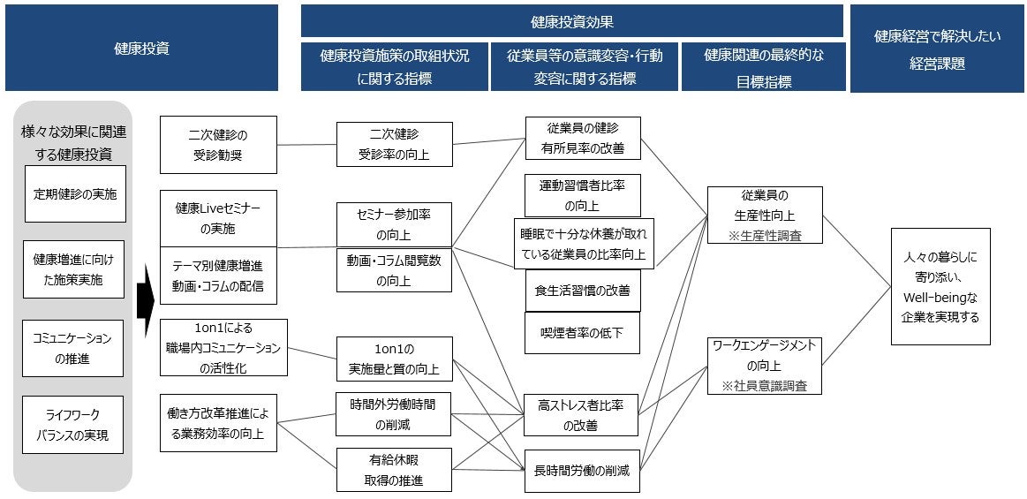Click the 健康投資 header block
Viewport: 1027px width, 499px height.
click(x=141, y=49)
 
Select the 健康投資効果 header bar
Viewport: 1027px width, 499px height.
click(x=572, y=21)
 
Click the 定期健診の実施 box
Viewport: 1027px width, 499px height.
click(x=74, y=193)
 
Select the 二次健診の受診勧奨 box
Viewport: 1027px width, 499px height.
click(x=218, y=145)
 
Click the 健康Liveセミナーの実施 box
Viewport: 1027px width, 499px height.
click(x=218, y=218)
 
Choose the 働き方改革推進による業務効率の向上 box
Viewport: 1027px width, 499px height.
click(x=218, y=423)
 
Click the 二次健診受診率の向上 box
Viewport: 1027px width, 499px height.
click(x=394, y=145)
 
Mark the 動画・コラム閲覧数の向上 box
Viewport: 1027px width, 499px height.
click(x=394, y=270)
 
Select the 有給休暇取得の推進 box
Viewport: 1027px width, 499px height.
click(x=394, y=470)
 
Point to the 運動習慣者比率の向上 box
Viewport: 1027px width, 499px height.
click(x=582, y=195)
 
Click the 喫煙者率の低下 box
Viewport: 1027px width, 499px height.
click(x=582, y=333)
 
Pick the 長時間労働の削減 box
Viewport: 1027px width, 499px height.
click(x=582, y=471)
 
